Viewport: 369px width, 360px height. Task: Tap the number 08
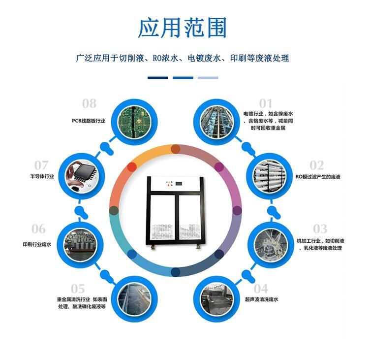[x=89, y=103]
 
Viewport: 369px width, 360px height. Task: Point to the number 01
[x=266, y=103]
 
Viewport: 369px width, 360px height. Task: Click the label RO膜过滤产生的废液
[x=318, y=176]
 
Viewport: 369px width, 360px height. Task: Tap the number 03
[x=320, y=229]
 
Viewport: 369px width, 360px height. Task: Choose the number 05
[x=78, y=289]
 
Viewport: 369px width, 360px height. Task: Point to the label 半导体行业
[x=42, y=176]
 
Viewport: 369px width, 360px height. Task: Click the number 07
[x=41, y=165]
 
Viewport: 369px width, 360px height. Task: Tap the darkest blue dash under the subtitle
[x=157, y=77]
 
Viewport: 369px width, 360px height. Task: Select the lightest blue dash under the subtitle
[x=208, y=77]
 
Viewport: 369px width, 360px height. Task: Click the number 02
[x=316, y=165]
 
